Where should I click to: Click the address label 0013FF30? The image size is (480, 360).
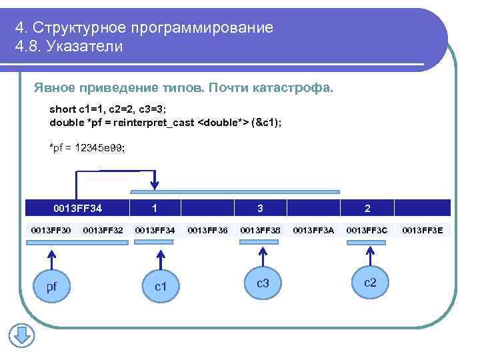[x=51, y=231]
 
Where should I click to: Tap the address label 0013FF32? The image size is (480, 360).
[x=103, y=231]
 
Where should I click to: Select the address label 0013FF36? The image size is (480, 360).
[x=207, y=231]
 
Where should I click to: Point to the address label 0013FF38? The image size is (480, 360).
[x=260, y=231]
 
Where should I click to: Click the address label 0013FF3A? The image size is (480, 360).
[x=313, y=231]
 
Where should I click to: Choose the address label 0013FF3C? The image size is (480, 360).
[x=367, y=231]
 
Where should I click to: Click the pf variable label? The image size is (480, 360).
[x=51, y=287]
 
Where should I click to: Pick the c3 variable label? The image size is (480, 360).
[x=263, y=283]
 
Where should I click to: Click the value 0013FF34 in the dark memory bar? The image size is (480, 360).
[x=78, y=208]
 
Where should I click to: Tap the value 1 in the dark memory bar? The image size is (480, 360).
[x=155, y=208]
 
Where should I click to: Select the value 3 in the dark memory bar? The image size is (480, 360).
[x=260, y=208]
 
